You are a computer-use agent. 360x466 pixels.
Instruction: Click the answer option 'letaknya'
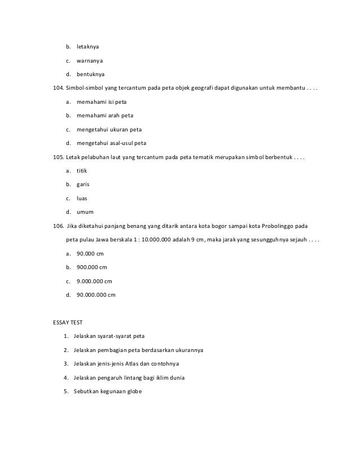[x=87, y=46]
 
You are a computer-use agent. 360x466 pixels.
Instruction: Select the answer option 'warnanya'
[x=89, y=60]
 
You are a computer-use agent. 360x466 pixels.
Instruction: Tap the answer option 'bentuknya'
[x=90, y=74]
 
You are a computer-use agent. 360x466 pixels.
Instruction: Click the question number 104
[x=58, y=88]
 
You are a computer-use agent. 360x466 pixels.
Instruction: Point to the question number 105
[x=58, y=156]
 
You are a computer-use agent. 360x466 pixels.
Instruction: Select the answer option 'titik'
[x=82, y=170]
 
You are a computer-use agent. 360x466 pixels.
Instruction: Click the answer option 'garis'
[x=83, y=184]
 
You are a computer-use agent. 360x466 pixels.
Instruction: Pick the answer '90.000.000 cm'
[x=96, y=294]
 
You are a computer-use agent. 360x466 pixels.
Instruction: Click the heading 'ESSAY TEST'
[x=67, y=322]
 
